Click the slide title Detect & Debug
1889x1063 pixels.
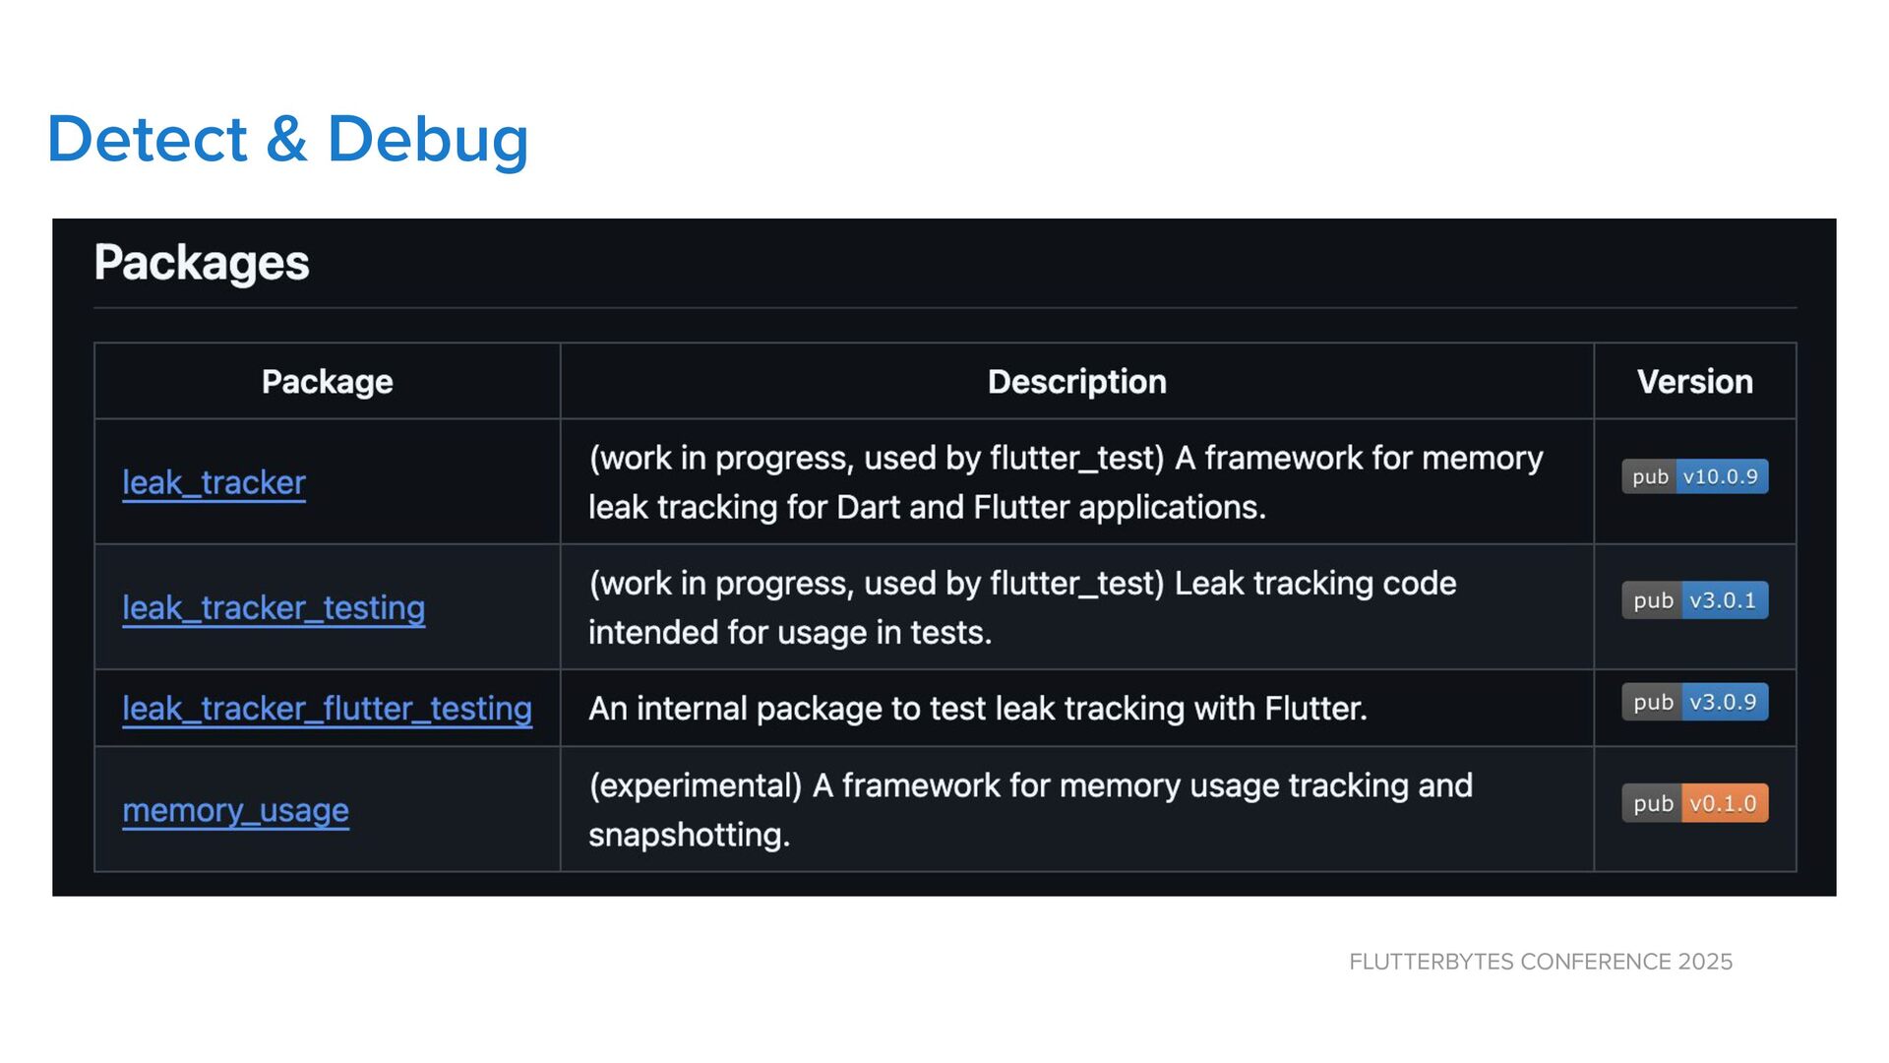tap(287, 139)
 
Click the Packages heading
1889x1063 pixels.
tap(202, 263)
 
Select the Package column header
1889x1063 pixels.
tap(327, 382)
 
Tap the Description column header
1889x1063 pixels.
tap(1076, 382)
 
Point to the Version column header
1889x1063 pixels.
tap(1694, 382)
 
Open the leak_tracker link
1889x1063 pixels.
tap(213, 482)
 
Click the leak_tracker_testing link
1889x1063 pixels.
tap(274, 607)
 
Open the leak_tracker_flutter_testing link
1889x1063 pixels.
tap(327, 709)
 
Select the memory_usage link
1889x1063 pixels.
tap(235, 810)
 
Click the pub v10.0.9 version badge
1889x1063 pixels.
tap(1694, 477)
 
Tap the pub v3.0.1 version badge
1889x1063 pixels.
tap(1694, 600)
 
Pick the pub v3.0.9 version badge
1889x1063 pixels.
tap(1694, 702)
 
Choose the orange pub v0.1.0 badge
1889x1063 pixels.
tap(1694, 803)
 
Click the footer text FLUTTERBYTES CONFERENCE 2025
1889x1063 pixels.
tap(1540, 962)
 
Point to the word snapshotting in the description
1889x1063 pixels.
tap(689, 835)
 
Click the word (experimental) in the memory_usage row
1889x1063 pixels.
tap(696, 785)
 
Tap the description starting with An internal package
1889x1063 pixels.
tap(977, 709)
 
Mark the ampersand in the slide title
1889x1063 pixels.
tap(286, 139)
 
